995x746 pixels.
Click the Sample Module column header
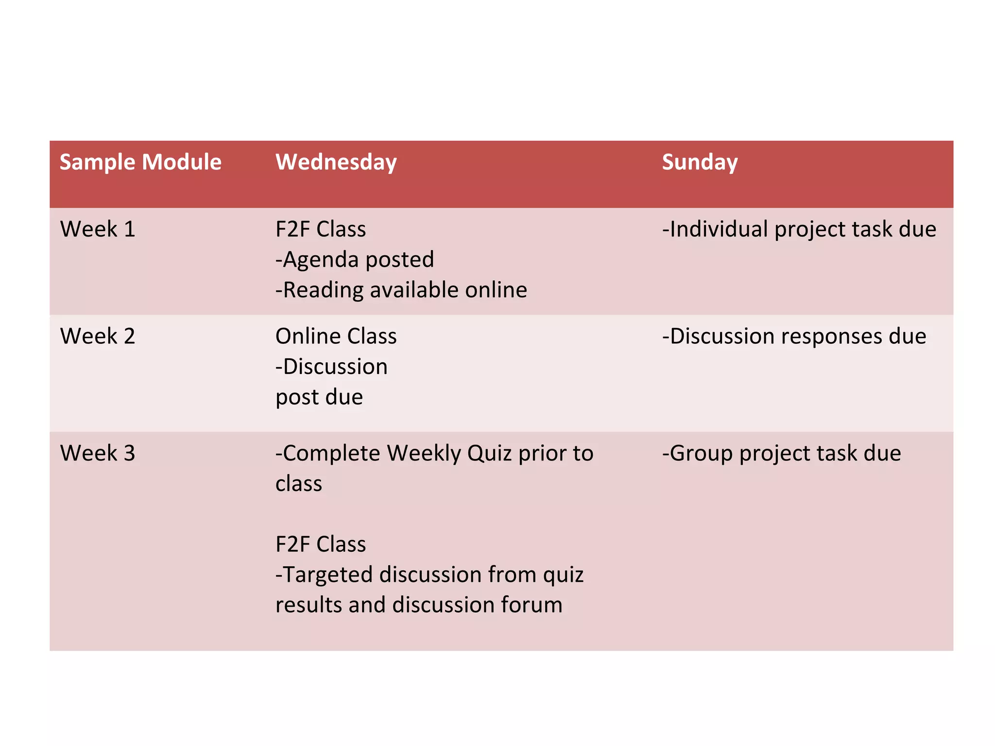140,162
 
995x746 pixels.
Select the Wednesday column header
336,162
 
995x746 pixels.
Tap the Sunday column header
700,162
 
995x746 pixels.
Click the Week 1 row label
98,229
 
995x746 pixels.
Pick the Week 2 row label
98,336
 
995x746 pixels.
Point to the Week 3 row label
98,453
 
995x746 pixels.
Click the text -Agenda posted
355,259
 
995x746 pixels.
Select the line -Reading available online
401,290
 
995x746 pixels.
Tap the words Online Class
336,336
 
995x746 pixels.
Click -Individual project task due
799,229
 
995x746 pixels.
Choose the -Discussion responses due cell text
794,336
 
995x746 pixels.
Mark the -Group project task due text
782,453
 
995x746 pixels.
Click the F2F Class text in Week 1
321,229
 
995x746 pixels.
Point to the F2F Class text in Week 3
321,544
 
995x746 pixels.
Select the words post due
319,397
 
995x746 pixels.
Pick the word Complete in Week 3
331,453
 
